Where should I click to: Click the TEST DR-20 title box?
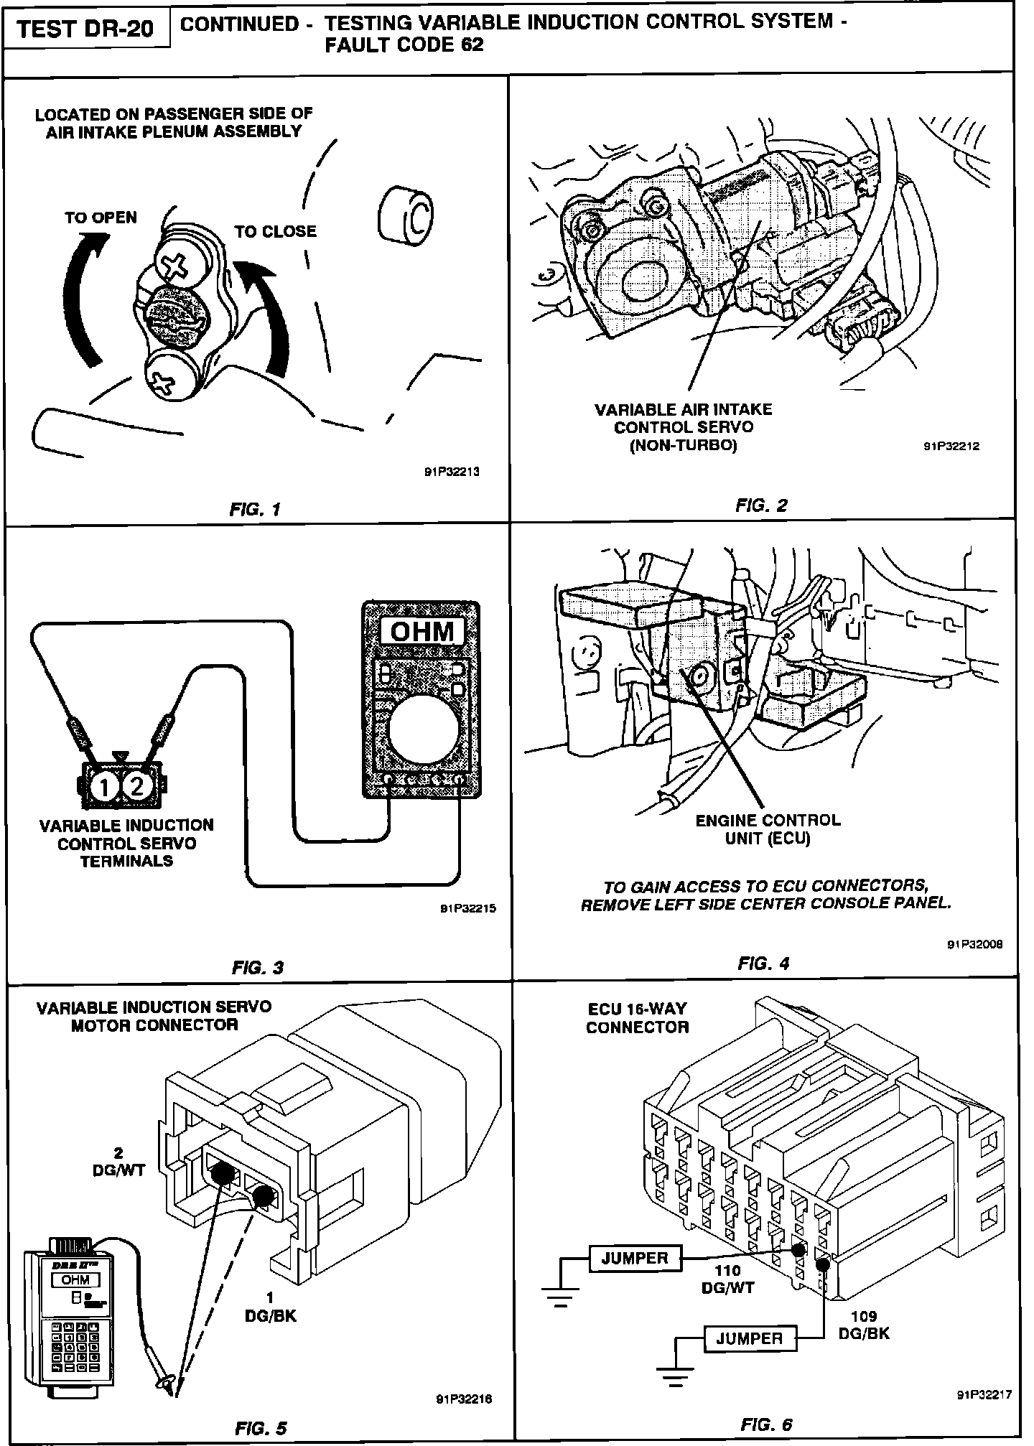tap(86, 29)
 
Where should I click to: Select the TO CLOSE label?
tap(275, 231)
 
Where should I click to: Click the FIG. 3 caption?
tap(258, 967)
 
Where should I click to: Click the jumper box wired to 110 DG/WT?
tap(634, 1258)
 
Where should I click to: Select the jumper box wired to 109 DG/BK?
tap(749, 1338)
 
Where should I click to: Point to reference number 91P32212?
tap(951, 446)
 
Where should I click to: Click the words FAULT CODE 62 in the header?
tap(404, 45)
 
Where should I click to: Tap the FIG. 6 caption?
tap(767, 1424)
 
